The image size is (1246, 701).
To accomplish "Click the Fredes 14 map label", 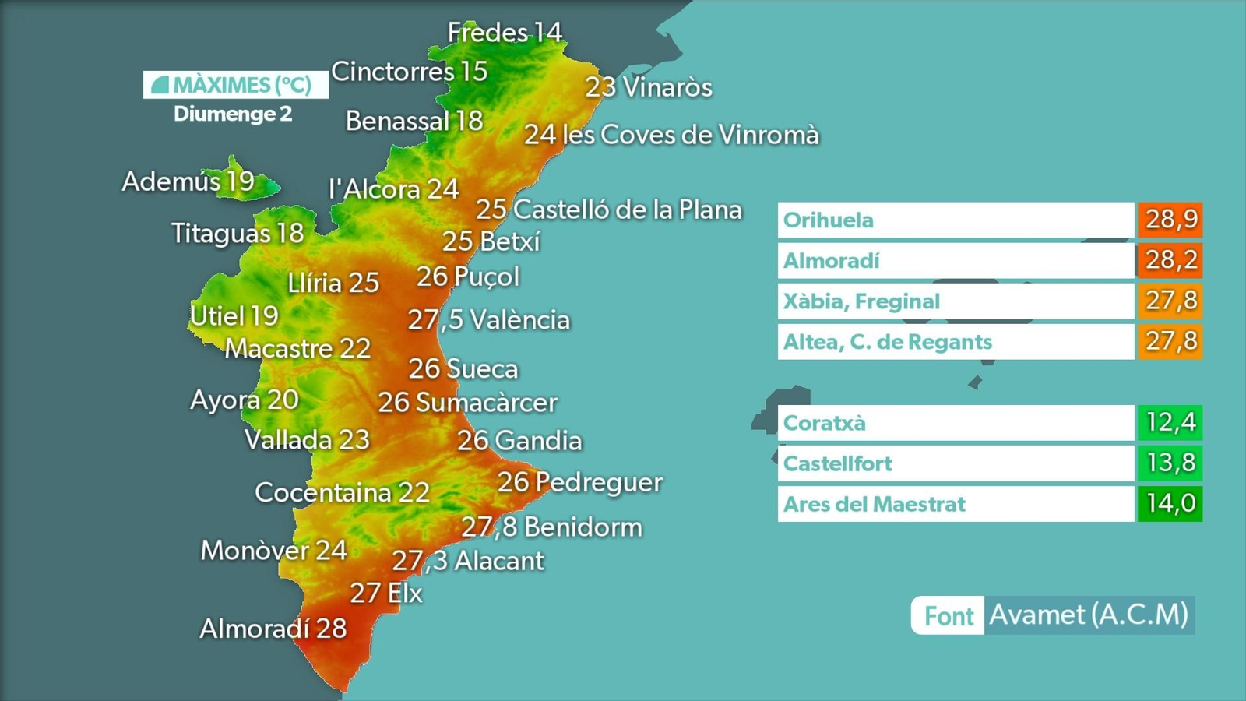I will pos(504,33).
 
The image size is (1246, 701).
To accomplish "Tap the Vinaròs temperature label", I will pos(649,87).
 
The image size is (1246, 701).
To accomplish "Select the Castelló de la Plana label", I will pos(609,210).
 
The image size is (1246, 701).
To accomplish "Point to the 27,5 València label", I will pos(489,320).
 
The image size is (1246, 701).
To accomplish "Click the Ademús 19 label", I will pos(188,181).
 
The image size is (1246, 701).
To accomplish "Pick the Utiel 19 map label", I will pos(234,315).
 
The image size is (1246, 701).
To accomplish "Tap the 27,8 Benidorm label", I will pos(551,527).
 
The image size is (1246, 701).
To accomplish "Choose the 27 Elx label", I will pos(386,594).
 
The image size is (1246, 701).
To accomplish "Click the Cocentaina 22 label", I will pos(342,492).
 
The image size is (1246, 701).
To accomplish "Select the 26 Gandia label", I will pos(519,441).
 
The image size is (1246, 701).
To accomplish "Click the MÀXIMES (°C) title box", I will pos(235,85).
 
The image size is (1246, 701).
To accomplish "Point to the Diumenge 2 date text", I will pos(233,114).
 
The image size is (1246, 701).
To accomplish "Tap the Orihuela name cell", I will pos(956,220).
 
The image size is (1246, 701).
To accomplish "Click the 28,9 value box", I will pos(1170,220).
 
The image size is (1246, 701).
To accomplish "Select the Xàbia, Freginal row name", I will pos(956,301).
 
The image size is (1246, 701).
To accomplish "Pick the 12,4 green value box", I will pos(1170,423).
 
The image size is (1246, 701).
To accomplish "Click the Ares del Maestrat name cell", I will pos(956,504).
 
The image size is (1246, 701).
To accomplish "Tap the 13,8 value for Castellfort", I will pos(1170,463).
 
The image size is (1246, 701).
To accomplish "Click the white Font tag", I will pos(949,616).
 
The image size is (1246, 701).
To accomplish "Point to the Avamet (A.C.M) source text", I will pos(1089,615).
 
